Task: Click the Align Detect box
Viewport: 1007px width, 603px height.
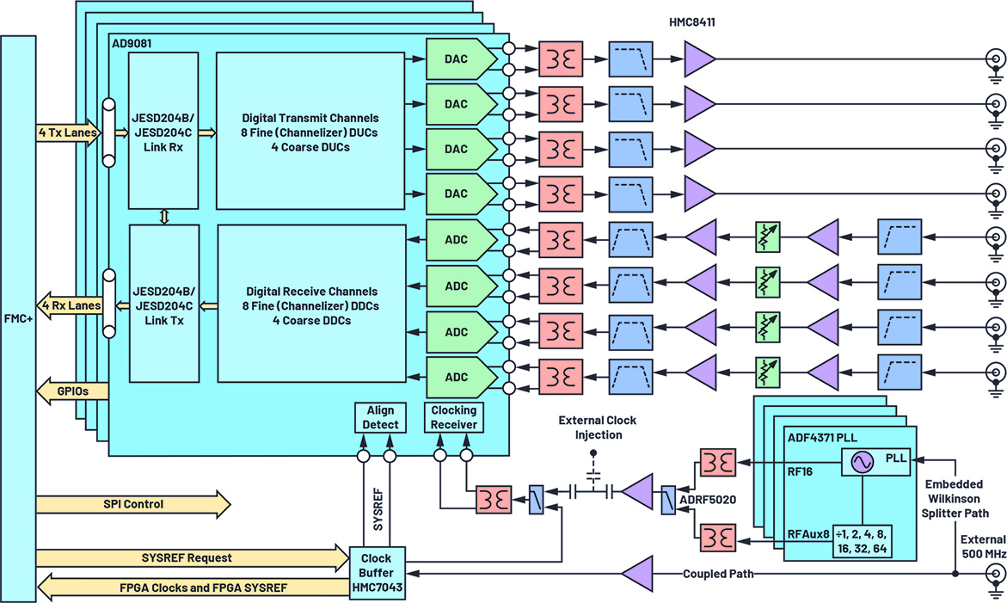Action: click(x=381, y=417)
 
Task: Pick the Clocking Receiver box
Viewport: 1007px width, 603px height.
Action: click(x=453, y=417)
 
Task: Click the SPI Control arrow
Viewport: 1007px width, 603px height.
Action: click(x=133, y=503)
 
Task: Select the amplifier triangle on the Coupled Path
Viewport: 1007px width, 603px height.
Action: click(x=637, y=574)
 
